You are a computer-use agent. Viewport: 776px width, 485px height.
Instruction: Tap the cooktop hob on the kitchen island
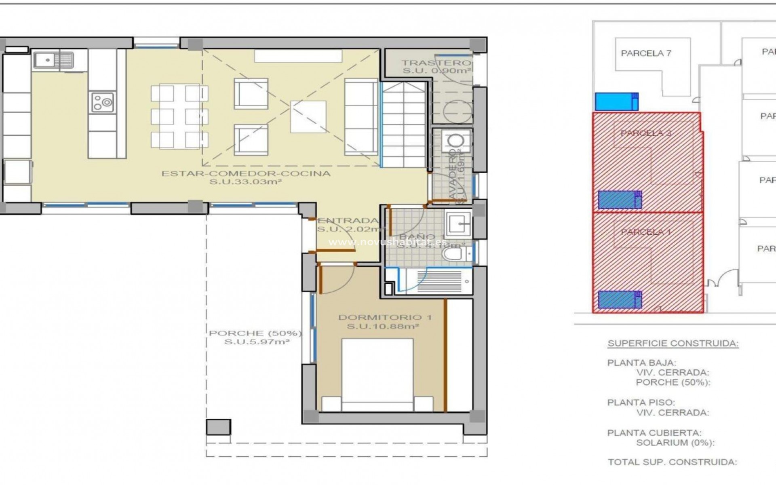102,102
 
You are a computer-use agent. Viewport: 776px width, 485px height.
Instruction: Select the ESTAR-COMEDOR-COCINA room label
246,174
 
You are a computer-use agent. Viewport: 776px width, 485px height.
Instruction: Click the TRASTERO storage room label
436,63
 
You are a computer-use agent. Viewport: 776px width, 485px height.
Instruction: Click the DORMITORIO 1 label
384,318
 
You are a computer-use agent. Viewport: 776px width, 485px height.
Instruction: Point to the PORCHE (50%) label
255,333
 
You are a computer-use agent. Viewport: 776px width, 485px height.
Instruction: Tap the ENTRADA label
348,221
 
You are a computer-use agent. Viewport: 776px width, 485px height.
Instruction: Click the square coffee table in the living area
308,116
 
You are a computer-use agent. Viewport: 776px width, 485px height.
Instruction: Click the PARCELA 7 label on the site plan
646,53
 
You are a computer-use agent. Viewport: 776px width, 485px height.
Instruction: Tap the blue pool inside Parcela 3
619,200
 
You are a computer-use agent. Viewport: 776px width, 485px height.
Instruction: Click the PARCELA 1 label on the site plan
645,232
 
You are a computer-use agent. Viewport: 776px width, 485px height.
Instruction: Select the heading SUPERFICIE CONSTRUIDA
673,344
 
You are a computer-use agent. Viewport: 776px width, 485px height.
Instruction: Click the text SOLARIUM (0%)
675,443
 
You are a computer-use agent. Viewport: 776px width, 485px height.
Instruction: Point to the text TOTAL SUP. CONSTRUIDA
673,462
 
